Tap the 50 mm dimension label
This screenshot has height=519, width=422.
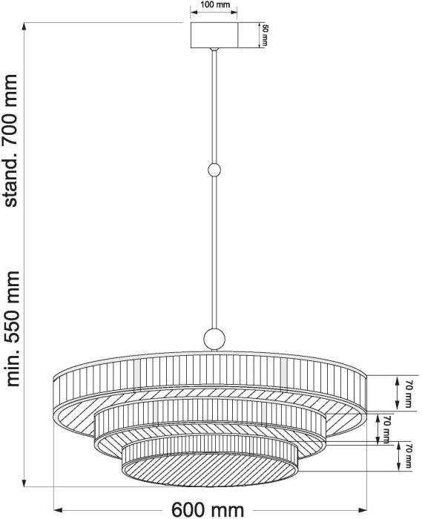click(264, 35)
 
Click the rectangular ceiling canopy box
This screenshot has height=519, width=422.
click(214, 35)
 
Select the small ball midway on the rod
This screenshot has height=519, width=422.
click(214, 170)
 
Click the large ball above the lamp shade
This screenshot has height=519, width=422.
click(214, 339)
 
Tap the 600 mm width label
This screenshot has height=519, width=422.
click(208, 510)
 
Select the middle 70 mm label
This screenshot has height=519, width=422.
click(386, 429)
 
